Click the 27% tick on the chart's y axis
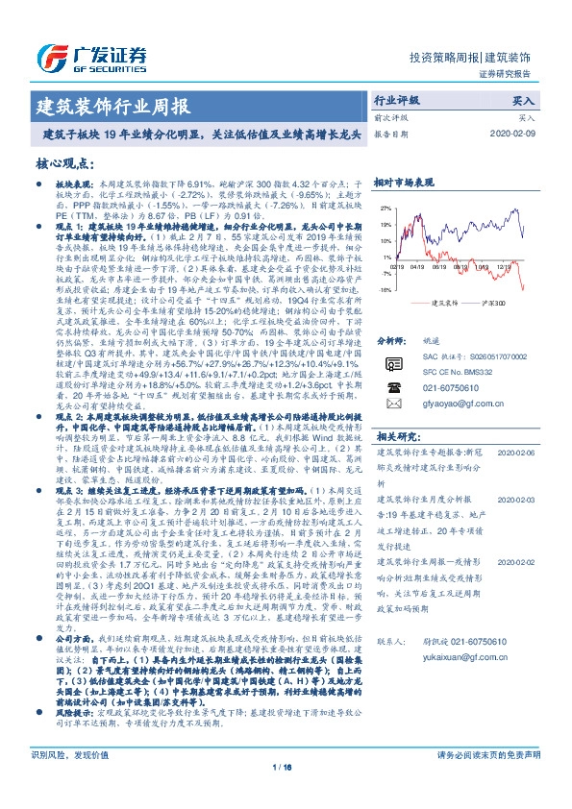coord(386,208)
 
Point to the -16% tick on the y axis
coord(385,287)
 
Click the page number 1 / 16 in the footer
coord(286,792)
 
